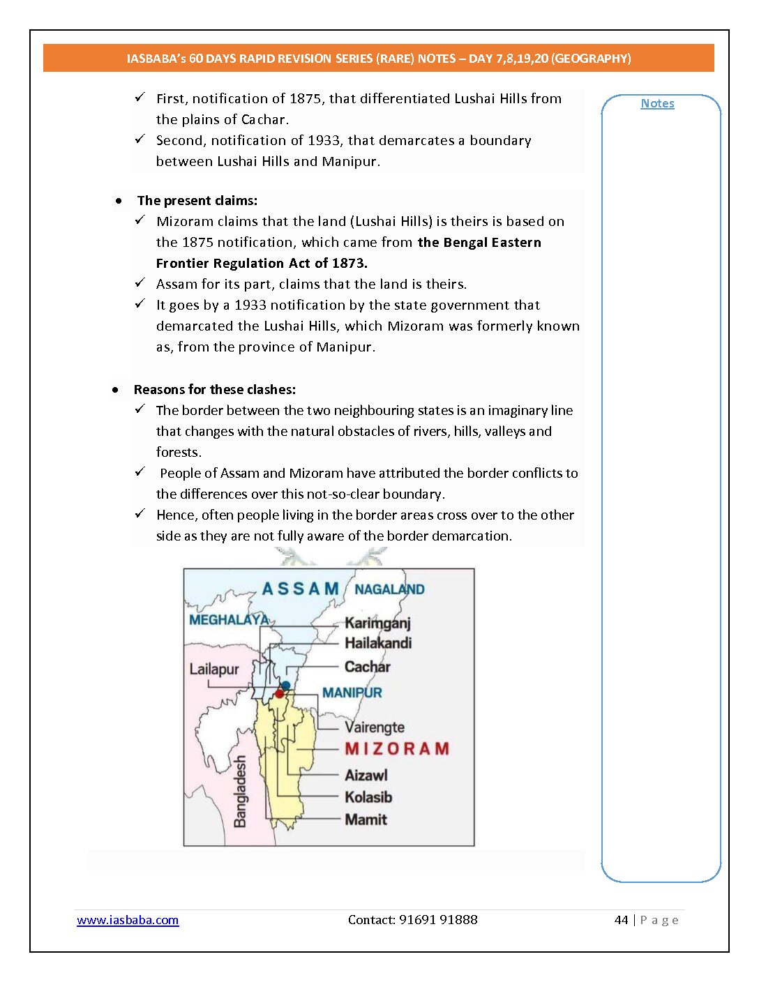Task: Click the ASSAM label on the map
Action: click(300, 589)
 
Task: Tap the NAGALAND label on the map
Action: click(389, 589)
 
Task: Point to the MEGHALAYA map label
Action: click(229, 619)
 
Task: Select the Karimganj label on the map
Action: click(377, 623)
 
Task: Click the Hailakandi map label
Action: click(378, 643)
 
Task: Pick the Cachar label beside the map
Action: click(367, 667)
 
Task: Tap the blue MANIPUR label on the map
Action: click(352, 693)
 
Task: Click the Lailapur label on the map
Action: click(214, 670)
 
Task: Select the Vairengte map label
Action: click(375, 727)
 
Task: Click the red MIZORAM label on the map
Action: click(397, 749)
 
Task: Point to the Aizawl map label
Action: click(366, 776)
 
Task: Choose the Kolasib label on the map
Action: click(368, 797)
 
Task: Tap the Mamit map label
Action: click(366, 819)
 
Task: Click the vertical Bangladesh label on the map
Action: click(241, 792)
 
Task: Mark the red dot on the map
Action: click(280, 694)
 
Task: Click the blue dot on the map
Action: click(285, 686)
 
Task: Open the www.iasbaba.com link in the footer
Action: click(128, 920)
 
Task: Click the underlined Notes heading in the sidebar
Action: click(657, 103)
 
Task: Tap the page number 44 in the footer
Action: click(621, 920)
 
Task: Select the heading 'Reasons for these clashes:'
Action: click(215, 389)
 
